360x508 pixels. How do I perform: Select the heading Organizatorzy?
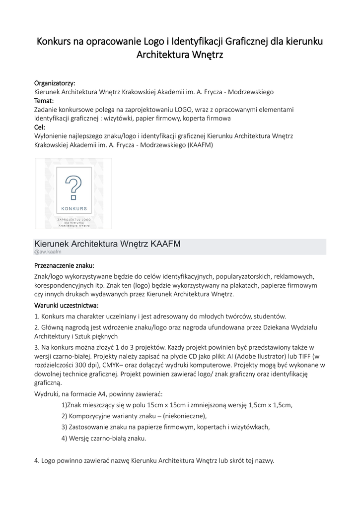click(x=55, y=82)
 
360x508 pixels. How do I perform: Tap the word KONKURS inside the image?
click(x=74, y=208)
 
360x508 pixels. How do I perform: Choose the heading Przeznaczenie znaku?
click(x=64, y=265)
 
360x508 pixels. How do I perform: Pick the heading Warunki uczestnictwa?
click(x=66, y=305)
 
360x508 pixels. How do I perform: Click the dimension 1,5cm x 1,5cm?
click(x=265, y=405)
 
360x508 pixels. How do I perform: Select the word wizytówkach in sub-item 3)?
click(x=247, y=427)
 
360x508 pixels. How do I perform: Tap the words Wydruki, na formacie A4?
click(x=69, y=393)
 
